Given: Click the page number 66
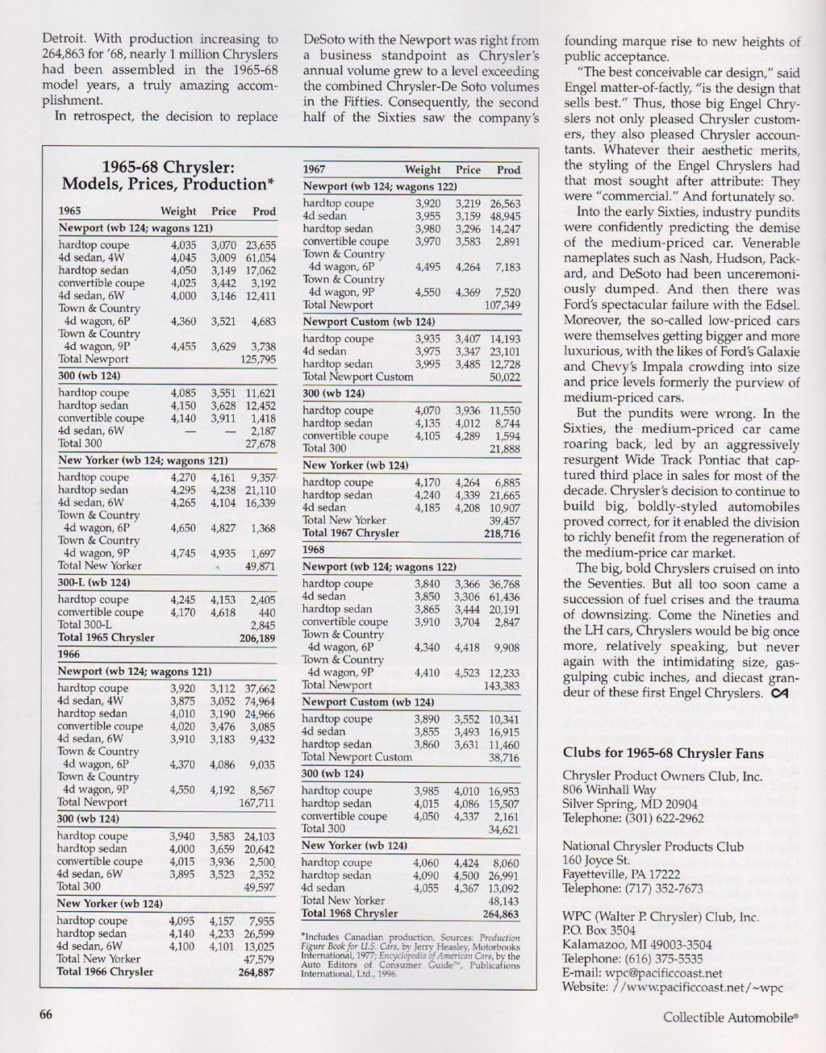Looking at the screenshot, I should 47,1014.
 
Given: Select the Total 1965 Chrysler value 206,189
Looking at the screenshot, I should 257,638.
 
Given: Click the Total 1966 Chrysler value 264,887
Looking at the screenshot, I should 257,972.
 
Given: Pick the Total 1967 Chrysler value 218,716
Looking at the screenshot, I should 502,533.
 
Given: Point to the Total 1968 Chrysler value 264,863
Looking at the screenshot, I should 501,914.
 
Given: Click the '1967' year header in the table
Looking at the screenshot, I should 314,170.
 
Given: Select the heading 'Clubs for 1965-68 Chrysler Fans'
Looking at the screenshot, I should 663,753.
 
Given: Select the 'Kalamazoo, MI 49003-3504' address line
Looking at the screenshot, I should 637,945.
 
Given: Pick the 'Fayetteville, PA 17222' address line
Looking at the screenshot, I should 621,874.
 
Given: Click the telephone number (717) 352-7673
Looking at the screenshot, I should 664,889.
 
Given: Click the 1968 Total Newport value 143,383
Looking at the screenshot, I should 502,686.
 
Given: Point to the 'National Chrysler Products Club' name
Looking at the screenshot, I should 653,847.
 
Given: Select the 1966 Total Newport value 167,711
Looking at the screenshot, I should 257,803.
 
